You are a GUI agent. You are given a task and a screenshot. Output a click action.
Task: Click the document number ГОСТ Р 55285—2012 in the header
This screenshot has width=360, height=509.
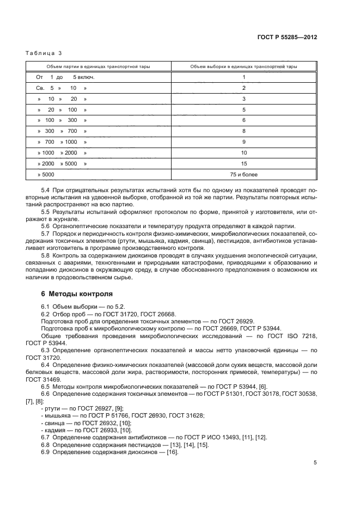[x=287, y=38]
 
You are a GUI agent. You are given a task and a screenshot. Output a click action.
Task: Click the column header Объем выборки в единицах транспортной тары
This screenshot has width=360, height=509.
[x=243, y=66]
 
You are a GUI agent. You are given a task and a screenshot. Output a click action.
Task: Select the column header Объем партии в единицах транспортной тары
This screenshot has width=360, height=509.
[x=99, y=66]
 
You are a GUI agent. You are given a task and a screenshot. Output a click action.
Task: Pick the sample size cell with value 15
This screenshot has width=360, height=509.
[x=244, y=163]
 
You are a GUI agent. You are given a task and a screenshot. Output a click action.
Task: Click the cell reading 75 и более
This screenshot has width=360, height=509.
[x=244, y=174]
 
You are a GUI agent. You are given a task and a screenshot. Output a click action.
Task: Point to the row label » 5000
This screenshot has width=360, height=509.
[x=46, y=174]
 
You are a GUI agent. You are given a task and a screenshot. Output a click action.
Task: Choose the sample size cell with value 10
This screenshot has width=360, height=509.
[x=244, y=152]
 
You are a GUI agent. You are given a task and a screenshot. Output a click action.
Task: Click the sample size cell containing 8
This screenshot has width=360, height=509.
[x=244, y=131]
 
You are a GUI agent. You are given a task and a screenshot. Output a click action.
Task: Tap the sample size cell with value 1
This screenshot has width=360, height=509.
[x=244, y=77]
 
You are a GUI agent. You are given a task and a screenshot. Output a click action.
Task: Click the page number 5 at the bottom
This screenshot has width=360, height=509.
[x=315, y=463]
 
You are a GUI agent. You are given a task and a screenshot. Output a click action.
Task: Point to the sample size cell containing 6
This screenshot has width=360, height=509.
[x=244, y=120]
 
